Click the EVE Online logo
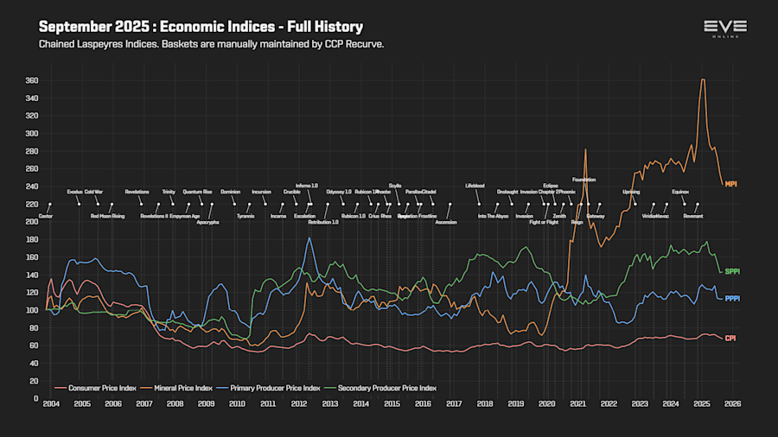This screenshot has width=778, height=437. (724, 28)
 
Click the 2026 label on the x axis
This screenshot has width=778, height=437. (732, 403)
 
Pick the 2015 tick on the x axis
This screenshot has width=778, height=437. (392, 403)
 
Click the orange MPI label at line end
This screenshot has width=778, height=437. (730, 184)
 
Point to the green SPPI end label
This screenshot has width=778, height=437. (732, 272)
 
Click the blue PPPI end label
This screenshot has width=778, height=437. (732, 299)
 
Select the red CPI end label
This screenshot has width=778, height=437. (730, 338)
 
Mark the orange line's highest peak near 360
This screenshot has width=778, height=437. (702, 80)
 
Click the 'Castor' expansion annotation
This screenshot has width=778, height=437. (46, 216)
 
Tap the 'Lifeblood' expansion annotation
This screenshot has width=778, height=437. (475, 185)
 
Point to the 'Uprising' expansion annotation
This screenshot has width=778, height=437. (631, 192)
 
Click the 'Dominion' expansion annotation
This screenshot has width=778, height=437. (230, 192)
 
